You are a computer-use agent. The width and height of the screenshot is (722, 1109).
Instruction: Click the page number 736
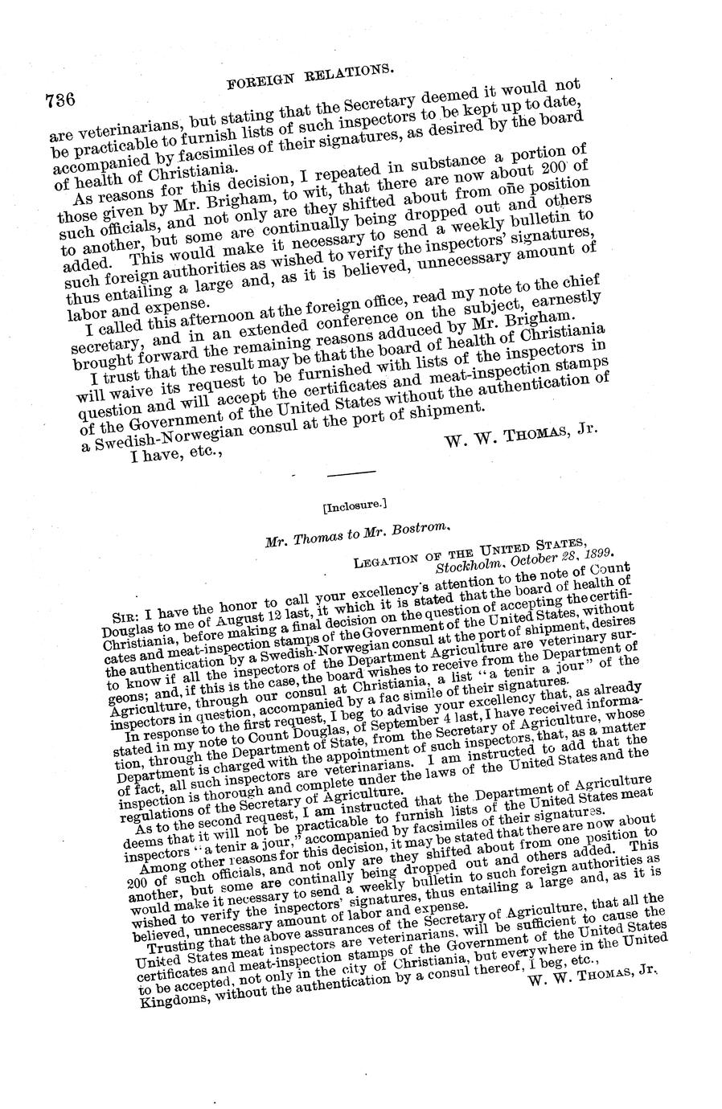click(x=60, y=101)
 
